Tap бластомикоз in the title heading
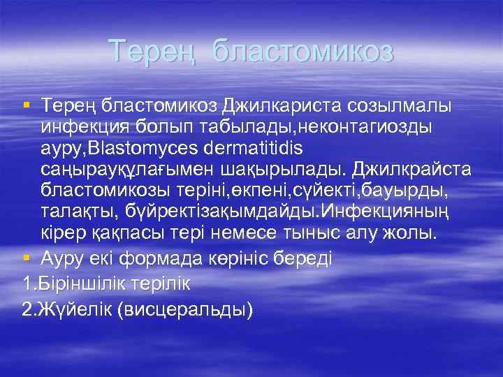[303, 51]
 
